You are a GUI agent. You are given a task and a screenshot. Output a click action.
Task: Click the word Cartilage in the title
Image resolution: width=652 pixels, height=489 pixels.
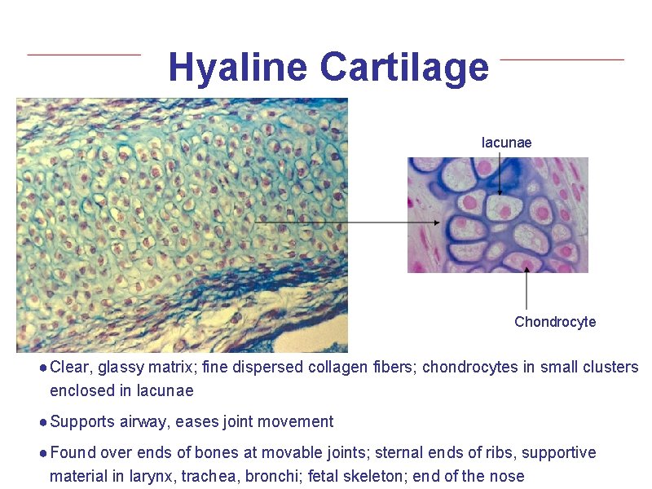[404, 68]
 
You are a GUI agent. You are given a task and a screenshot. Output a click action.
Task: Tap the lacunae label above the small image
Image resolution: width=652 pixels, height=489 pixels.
[506, 143]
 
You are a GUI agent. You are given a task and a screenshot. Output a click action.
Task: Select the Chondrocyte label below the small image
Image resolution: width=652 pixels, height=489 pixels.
[555, 322]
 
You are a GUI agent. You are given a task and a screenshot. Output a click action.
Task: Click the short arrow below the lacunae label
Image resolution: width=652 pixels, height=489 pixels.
[500, 174]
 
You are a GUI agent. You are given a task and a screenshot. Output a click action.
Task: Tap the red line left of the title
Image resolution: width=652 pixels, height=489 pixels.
[84, 55]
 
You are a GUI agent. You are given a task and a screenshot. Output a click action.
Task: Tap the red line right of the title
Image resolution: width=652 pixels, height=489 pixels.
[562, 59]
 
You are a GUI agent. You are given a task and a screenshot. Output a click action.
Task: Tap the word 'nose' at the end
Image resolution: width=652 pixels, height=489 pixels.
[508, 476]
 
